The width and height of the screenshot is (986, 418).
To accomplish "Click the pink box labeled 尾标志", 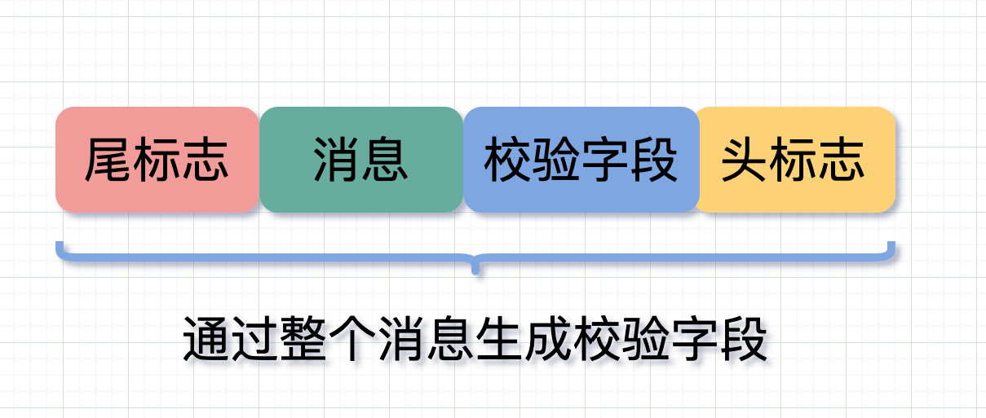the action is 157,160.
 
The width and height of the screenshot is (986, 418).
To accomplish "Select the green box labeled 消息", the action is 361,160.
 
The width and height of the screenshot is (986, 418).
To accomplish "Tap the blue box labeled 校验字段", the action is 581,160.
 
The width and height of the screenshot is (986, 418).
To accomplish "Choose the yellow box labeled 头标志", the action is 795,160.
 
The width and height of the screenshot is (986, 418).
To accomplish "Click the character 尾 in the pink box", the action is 108,159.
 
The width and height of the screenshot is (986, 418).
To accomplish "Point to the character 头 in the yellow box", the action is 745,159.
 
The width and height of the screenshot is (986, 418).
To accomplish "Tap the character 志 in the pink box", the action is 206,159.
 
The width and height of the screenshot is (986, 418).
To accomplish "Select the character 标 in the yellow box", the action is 793,159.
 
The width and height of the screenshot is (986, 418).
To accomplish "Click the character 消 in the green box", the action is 337,159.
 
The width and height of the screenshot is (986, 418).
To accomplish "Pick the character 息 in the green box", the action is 385,159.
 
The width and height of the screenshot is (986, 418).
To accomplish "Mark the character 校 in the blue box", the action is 508,159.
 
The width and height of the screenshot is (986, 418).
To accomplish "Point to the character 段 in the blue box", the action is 654,159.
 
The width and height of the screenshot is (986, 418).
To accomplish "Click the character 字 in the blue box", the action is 605,159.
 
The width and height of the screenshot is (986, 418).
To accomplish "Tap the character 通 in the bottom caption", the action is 207,339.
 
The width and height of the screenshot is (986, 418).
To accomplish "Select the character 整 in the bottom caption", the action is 303,339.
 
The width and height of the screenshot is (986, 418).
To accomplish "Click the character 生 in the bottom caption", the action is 499,339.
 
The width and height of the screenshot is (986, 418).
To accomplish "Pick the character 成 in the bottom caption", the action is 548,339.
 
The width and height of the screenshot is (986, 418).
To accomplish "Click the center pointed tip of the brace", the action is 475,272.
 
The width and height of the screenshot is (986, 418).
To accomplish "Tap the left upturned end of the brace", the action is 58,244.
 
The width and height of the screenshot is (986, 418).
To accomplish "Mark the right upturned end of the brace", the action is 892,244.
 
